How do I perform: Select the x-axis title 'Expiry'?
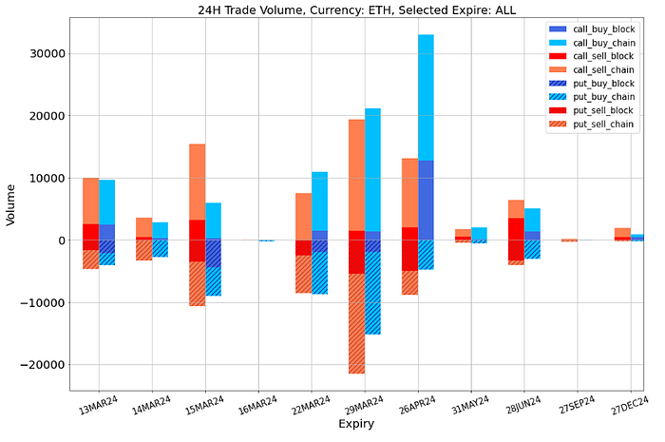pos(349,424)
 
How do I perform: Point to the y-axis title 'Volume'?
pos(11,203)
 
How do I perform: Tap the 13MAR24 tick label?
pos(99,406)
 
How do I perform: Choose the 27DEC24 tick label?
pos(629,406)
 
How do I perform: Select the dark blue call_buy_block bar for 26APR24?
pos(426,200)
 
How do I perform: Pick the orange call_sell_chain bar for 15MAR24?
pos(197,182)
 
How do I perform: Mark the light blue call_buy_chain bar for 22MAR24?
pos(319,201)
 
